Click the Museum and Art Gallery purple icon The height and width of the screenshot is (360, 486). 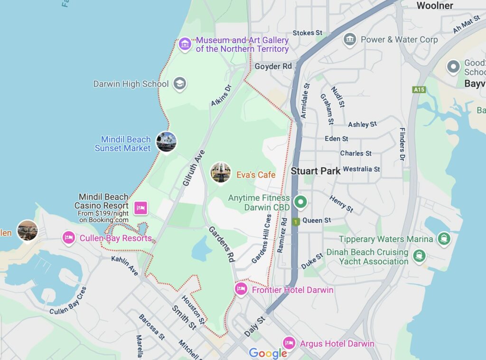(x=185, y=45)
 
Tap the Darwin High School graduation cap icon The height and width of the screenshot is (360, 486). (x=179, y=84)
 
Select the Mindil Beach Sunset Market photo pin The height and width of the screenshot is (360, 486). (x=166, y=141)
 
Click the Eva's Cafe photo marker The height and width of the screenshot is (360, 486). (x=221, y=172)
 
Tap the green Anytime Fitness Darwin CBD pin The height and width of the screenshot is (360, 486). (x=300, y=202)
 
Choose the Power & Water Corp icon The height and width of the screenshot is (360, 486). (x=350, y=40)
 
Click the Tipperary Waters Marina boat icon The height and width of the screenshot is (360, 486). (x=443, y=238)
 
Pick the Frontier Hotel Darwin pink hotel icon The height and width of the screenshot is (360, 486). (x=241, y=289)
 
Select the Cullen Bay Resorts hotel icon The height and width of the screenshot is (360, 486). (x=69, y=237)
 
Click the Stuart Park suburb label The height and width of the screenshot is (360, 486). (x=316, y=171)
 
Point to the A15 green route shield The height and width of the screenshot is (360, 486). (x=419, y=89)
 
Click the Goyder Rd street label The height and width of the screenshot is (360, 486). (x=273, y=66)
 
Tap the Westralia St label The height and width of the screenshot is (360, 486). (x=361, y=169)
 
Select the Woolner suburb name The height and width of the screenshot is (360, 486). (x=435, y=6)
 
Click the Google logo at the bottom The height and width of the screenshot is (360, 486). (x=268, y=353)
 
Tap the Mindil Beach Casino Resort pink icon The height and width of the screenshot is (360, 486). (x=141, y=208)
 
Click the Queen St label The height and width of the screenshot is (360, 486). (x=317, y=220)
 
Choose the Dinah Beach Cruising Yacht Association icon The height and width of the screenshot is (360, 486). (x=419, y=256)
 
